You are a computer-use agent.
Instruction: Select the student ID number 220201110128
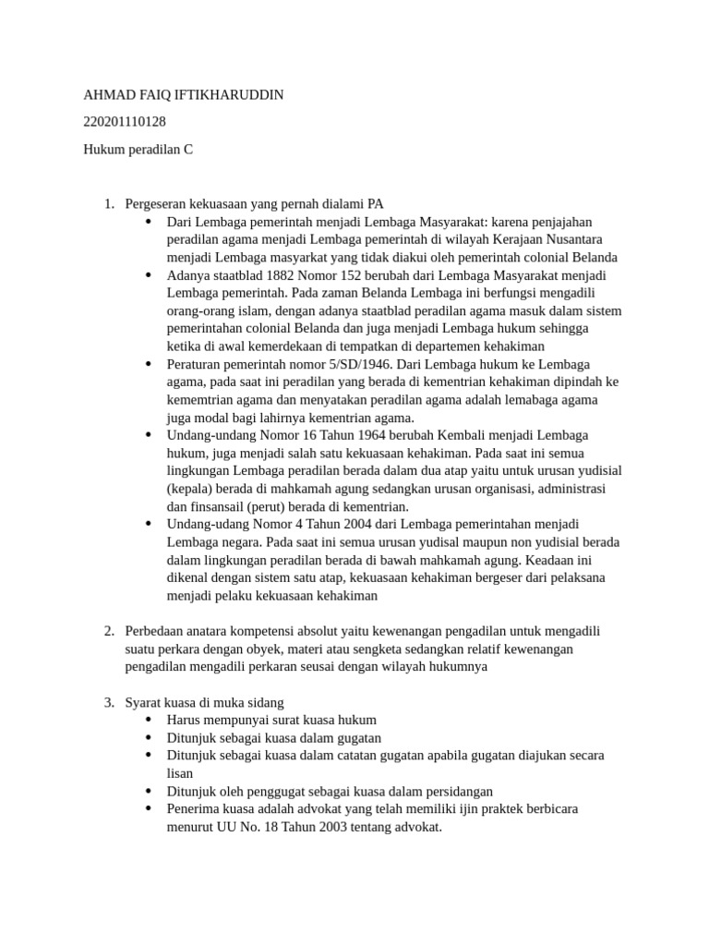[x=125, y=121]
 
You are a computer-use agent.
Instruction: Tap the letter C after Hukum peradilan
[x=188, y=148]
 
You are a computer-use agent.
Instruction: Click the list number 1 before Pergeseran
[x=108, y=204]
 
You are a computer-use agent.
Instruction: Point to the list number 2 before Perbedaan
[x=108, y=631]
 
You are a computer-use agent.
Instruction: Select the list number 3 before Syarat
[x=108, y=702]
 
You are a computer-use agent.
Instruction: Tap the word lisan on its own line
[x=180, y=773]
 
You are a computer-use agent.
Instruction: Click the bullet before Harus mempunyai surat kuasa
[x=149, y=720]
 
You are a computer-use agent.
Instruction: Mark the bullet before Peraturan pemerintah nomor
[x=149, y=364]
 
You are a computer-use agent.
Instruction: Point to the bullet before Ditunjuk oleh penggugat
[x=149, y=791]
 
